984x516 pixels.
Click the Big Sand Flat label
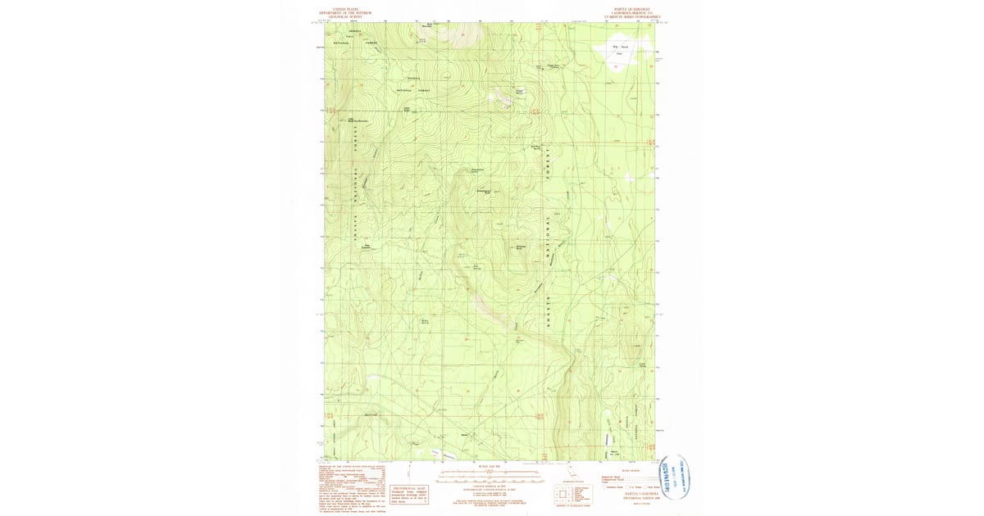coord(620,49)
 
